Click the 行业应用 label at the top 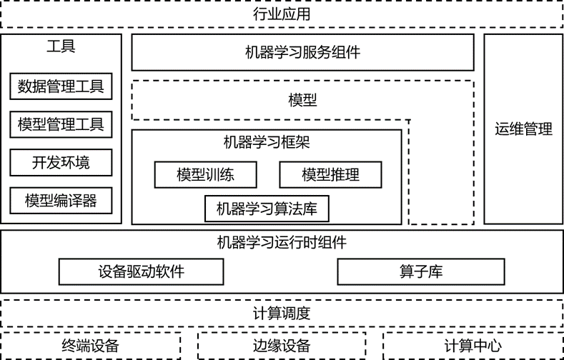click(282, 14)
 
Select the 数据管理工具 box click(61, 86)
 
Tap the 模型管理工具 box click(61, 124)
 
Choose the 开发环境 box click(61, 162)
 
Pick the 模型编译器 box click(61, 200)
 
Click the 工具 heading click(61, 47)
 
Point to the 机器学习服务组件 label click(302, 52)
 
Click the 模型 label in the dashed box click(302, 100)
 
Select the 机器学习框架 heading click(267, 142)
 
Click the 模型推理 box click(330, 174)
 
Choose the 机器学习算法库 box click(267, 209)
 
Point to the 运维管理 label click(523, 129)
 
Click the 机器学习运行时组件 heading click(282, 242)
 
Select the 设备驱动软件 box click(141, 271)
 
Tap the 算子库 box click(420, 271)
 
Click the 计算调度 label click(282, 313)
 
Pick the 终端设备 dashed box click(90, 346)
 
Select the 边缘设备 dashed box click(282, 346)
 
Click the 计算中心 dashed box click(473, 346)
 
